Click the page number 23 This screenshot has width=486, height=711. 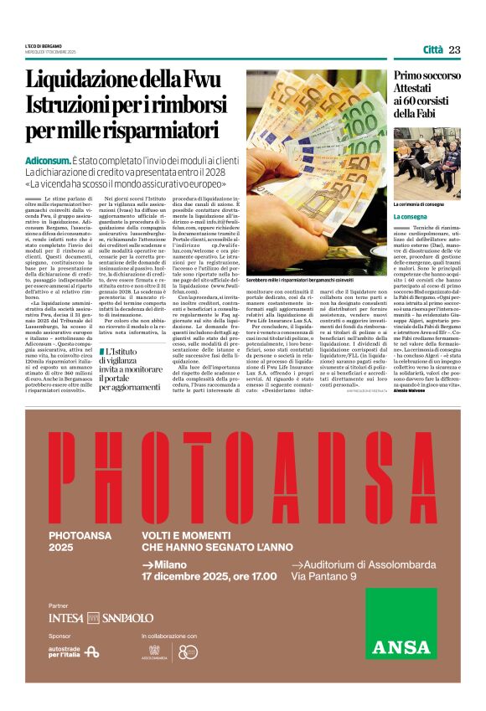click(455, 50)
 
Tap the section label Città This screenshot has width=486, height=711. click(433, 50)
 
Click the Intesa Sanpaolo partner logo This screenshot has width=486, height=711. click(101, 617)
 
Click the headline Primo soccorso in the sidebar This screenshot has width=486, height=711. click(427, 76)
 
